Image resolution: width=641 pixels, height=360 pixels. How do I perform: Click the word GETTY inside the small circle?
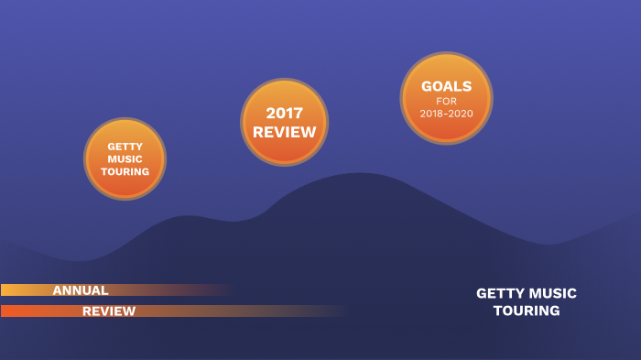click(x=125, y=146)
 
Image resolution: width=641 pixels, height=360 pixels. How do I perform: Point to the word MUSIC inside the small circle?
click(x=125, y=158)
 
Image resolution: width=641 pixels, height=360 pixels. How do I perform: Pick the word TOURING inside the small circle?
click(x=125, y=171)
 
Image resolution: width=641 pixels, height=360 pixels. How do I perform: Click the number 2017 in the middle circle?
click(x=284, y=113)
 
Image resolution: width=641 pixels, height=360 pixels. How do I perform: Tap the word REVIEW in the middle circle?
click(x=284, y=132)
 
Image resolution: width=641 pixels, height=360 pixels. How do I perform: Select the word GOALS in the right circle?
click(x=446, y=86)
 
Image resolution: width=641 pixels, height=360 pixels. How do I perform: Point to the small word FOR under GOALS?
click(x=446, y=101)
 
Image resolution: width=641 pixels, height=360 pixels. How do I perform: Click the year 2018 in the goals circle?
click(x=431, y=113)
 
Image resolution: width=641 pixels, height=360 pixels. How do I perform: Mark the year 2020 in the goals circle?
click(x=461, y=113)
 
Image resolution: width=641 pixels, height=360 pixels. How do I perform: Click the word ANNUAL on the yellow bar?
click(x=81, y=290)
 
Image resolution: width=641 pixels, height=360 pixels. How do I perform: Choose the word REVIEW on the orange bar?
click(x=109, y=311)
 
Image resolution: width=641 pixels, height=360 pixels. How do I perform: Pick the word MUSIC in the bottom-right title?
click(x=554, y=293)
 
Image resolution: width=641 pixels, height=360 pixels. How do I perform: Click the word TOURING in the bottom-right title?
click(x=527, y=311)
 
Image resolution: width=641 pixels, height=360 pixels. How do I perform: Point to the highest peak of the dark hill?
click(x=363, y=174)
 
